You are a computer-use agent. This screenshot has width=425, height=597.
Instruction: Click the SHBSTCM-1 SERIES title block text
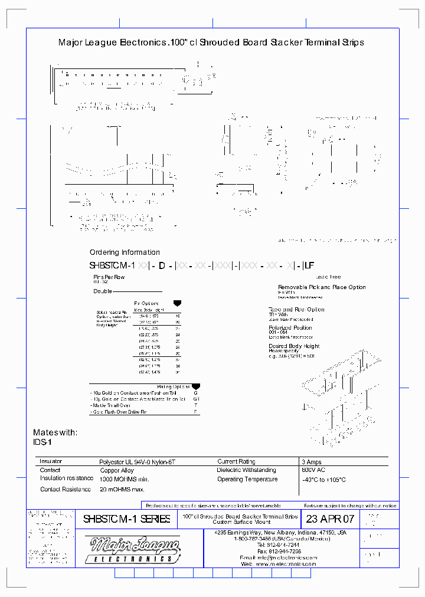[126, 519]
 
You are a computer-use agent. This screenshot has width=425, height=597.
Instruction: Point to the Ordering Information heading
[125, 252]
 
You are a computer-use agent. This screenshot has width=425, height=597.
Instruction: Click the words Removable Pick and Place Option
[322, 287]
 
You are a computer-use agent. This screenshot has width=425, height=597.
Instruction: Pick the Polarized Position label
[290, 327]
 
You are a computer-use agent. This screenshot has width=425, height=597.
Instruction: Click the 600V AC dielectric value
[314, 470]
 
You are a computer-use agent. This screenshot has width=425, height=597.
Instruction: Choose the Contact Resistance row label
[66, 489]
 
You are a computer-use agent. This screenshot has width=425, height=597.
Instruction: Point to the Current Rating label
[237, 461]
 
